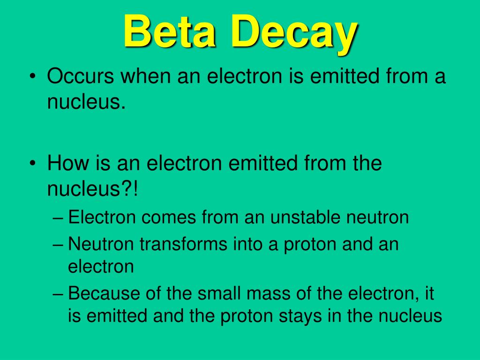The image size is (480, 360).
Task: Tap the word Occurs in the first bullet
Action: tap(81, 75)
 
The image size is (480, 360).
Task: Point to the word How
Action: tap(67, 164)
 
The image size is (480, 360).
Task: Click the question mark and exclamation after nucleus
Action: tap(132, 189)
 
